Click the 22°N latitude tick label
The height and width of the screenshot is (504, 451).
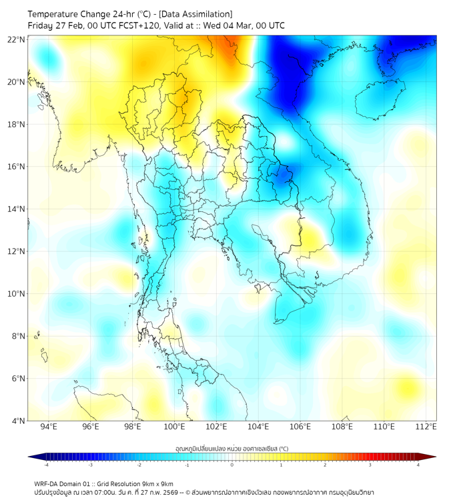pos(17,39)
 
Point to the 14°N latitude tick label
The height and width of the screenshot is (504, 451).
pos(17,209)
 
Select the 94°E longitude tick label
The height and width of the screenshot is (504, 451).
pos(49,427)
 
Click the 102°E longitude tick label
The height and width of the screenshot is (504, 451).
pos(216,427)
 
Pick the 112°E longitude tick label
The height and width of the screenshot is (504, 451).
pos(426,427)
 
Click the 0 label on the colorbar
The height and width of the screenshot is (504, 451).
pos(232,465)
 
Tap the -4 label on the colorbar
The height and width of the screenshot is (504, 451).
pos(45,465)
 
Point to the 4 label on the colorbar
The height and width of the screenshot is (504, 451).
pos(418,465)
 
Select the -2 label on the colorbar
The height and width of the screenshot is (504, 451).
pos(138,465)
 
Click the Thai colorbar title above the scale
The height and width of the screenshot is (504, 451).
pos(232,449)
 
